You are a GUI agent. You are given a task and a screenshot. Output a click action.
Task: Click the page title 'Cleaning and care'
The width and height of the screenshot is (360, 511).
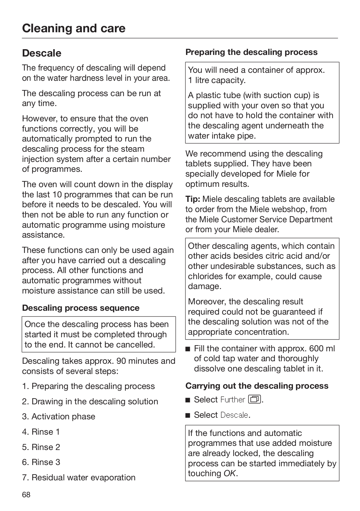click(x=74, y=28)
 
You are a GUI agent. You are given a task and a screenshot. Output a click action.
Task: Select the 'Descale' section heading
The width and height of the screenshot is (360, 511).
click(x=41, y=53)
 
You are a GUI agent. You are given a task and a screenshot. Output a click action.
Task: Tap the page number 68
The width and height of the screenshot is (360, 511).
click(x=26, y=495)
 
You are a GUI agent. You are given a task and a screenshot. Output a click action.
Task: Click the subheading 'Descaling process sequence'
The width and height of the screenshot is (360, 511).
click(x=81, y=308)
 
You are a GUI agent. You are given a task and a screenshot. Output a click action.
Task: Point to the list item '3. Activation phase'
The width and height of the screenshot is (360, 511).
click(x=59, y=416)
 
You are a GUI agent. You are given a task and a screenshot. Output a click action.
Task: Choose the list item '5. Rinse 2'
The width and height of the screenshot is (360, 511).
click(x=41, y=447)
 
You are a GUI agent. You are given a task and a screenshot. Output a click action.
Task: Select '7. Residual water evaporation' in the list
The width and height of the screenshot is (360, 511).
click(x=79, y=477)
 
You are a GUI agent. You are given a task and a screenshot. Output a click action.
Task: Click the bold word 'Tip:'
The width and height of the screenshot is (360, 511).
click(x=193, y=199)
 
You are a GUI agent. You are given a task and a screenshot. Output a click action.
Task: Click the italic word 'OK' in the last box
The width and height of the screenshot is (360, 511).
click(x=230, y=473)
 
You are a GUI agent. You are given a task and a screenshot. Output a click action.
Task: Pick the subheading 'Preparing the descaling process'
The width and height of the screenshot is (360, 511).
click(x=251, y=52)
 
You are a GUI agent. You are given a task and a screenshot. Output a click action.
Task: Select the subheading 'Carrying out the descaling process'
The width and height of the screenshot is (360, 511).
click(x=257, y=386)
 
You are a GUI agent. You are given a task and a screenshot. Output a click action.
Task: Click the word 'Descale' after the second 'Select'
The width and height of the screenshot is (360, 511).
click(x=234, y=415)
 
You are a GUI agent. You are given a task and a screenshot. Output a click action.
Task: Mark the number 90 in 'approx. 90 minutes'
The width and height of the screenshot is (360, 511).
click(x=122, y=361)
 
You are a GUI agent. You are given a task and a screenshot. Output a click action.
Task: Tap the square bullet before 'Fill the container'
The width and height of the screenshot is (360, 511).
click(x=188, y=348)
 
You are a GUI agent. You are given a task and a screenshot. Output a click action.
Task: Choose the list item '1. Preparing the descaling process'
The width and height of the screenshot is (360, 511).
click(x=88, y=386)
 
